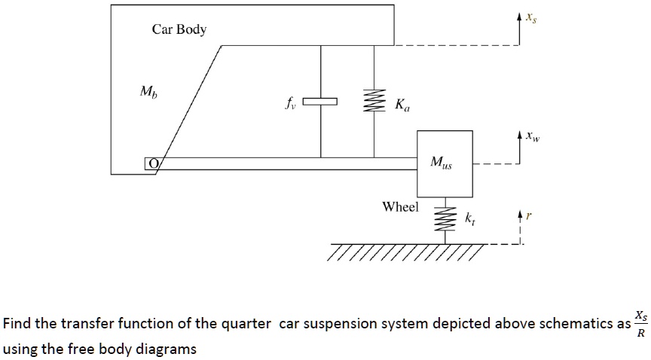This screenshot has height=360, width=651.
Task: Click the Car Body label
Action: click(x=179, y=29)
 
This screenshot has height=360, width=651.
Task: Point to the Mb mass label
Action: click(x=148, y=92)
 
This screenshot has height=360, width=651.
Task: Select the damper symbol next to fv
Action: click(x=321, y=100)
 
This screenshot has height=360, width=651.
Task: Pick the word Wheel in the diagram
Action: click(x=400, y=206)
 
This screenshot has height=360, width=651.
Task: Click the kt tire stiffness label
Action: click(x=470, y=219)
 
